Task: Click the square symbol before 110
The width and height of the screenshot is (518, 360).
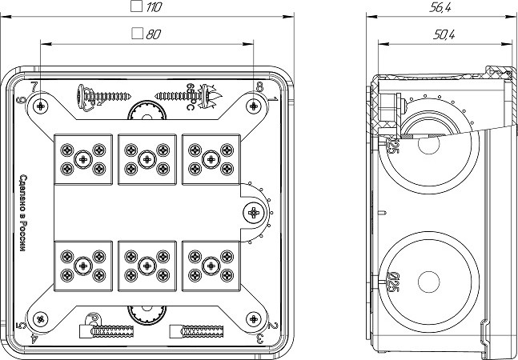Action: point(136,7)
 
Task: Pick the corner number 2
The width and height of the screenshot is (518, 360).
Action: point(274,326)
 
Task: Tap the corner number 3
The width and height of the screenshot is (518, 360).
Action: point(261,339)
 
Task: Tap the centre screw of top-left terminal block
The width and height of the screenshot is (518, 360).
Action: point(82,158)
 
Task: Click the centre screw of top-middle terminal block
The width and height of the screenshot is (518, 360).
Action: point(147,158)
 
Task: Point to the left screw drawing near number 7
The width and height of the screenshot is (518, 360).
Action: point(101,94)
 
